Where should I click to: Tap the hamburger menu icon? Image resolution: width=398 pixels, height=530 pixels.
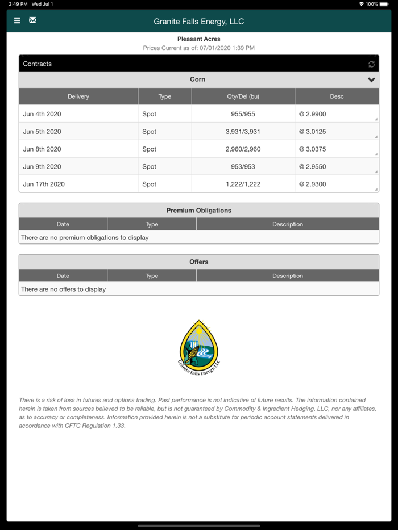[17, 20]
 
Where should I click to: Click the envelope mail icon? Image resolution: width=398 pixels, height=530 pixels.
[33, 20]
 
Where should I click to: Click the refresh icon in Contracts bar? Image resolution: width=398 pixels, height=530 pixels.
[371, 64]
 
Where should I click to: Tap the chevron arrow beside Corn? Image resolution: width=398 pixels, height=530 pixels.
[371, 80]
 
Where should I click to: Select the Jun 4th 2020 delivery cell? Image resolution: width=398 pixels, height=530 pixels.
[42, 114]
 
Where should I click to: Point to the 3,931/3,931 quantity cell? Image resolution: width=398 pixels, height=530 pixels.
[243, 132]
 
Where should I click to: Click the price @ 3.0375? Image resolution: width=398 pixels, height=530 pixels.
[313, 149]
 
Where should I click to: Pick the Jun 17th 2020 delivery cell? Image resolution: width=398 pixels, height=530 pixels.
[44, 184]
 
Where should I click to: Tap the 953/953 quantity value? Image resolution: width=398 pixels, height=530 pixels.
[243, 167]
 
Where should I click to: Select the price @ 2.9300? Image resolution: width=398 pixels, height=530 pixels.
[313, 184]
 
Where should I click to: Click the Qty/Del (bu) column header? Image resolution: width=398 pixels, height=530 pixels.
[243, 96]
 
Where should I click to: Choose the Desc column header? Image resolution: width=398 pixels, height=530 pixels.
[337, 96]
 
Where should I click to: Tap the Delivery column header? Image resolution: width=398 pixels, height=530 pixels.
[78, 96]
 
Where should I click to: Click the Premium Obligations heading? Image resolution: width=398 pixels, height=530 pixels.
[199, 210]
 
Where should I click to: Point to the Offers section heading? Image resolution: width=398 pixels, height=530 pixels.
[199, 262]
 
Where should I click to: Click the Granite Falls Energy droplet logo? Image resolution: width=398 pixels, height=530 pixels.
[199, 347]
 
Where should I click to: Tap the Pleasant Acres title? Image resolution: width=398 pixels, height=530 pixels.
[199, 39]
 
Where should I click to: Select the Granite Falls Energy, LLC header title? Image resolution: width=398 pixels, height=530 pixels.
[199, 22]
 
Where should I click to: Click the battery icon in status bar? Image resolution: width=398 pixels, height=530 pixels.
[384, 4]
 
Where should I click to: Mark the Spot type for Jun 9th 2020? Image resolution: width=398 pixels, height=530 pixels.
[150, 167]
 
